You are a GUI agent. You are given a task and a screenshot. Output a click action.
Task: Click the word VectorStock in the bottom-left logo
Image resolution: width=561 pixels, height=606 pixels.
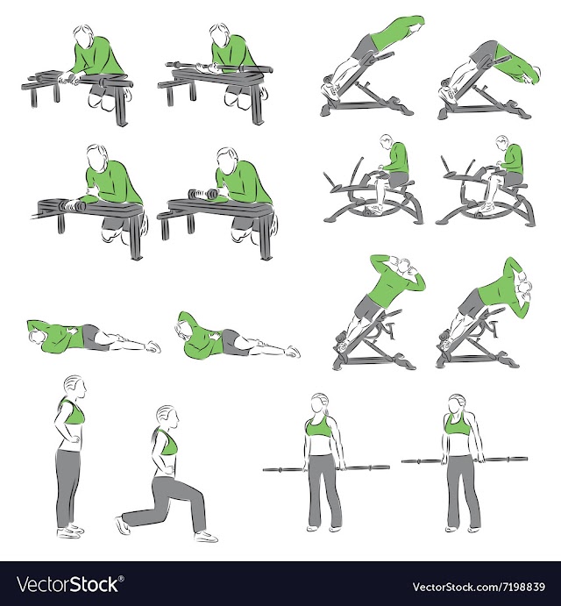pos(67,583)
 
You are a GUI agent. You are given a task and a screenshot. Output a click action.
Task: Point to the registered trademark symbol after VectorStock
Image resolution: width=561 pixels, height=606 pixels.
pos(121,579)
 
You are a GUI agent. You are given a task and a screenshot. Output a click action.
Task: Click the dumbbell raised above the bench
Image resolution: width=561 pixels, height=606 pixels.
pos(202,194)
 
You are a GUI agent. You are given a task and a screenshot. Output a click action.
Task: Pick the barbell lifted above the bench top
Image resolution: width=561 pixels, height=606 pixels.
pos(219,68)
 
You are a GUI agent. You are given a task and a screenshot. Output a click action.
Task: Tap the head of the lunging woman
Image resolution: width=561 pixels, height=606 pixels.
pos(167,417)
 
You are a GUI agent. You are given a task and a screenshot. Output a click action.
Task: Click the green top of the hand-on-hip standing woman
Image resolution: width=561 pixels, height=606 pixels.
pos(72,411)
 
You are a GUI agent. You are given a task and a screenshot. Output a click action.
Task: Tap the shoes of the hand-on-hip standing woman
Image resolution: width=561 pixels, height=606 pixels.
pos(70,531)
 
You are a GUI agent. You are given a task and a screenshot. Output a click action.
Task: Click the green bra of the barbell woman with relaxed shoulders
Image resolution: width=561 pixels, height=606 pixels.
pos(319,427)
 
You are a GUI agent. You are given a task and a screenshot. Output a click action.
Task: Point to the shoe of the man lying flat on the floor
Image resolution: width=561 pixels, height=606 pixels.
pos(153,346)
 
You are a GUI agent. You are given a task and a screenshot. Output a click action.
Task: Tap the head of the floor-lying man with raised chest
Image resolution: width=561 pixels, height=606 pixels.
pos(183,330)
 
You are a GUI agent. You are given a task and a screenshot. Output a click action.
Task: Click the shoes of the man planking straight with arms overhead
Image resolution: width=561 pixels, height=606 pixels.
pos(332,89)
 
